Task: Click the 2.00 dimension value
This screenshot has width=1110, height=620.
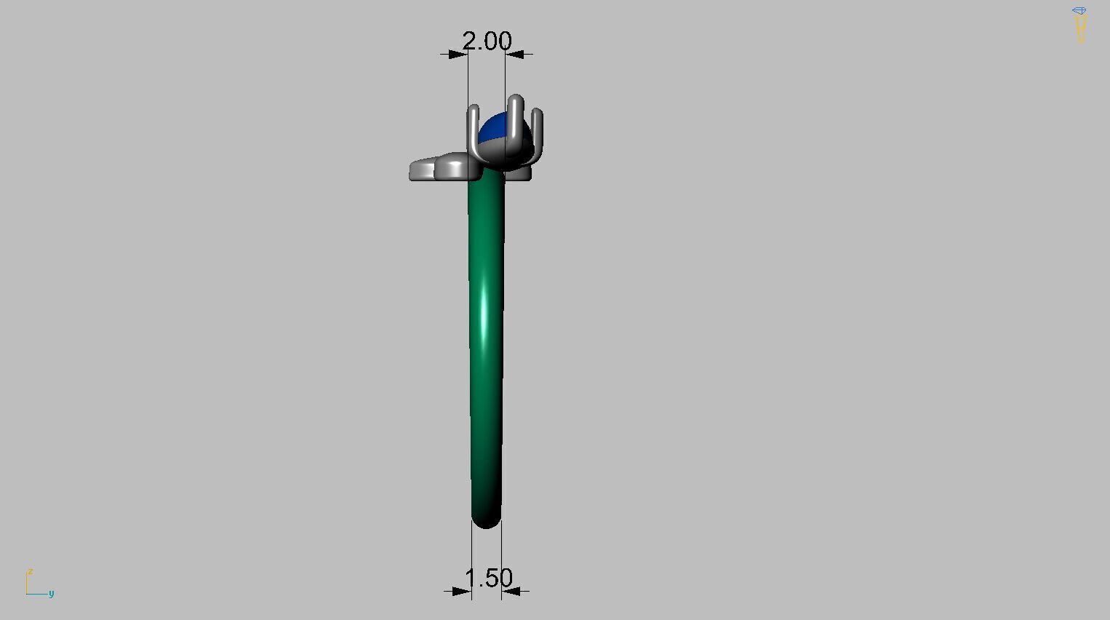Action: [x=487, y=41]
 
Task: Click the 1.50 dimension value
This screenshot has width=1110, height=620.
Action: [x=488, y=579]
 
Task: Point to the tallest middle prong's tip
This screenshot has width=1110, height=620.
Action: [x=516, y=98]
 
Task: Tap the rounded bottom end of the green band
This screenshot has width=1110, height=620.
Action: [x=486, y=520]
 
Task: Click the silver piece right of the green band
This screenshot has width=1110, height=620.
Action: [x=519, y=174]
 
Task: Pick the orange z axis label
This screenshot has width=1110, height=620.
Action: [x=31, y=572]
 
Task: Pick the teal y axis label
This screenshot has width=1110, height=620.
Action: [x=51, y=594]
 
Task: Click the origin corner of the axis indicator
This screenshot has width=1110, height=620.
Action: [x=27, y=594]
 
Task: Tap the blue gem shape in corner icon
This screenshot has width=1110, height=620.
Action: [x=1079, y=11]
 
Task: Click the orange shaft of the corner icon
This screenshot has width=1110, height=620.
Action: [x=1080, y=25]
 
